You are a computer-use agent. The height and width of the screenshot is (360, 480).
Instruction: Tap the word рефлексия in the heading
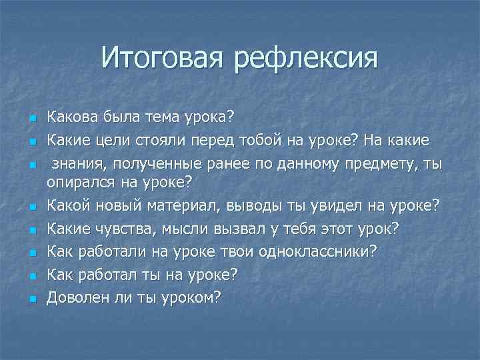[305, 58]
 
